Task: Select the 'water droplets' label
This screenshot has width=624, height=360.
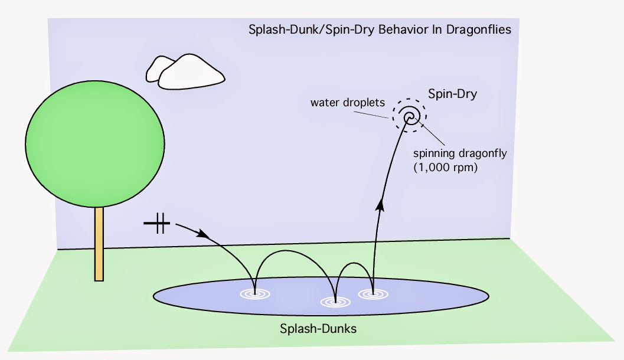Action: coord(348,103)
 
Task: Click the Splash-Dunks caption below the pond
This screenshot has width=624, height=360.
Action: coord(318,329)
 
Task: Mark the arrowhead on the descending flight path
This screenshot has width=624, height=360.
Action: coord(202,234)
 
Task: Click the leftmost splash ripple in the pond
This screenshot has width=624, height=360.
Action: coord(254,293)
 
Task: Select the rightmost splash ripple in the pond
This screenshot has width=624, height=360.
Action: coord(373,293)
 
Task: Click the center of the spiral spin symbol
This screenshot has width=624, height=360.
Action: coord(409,117)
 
